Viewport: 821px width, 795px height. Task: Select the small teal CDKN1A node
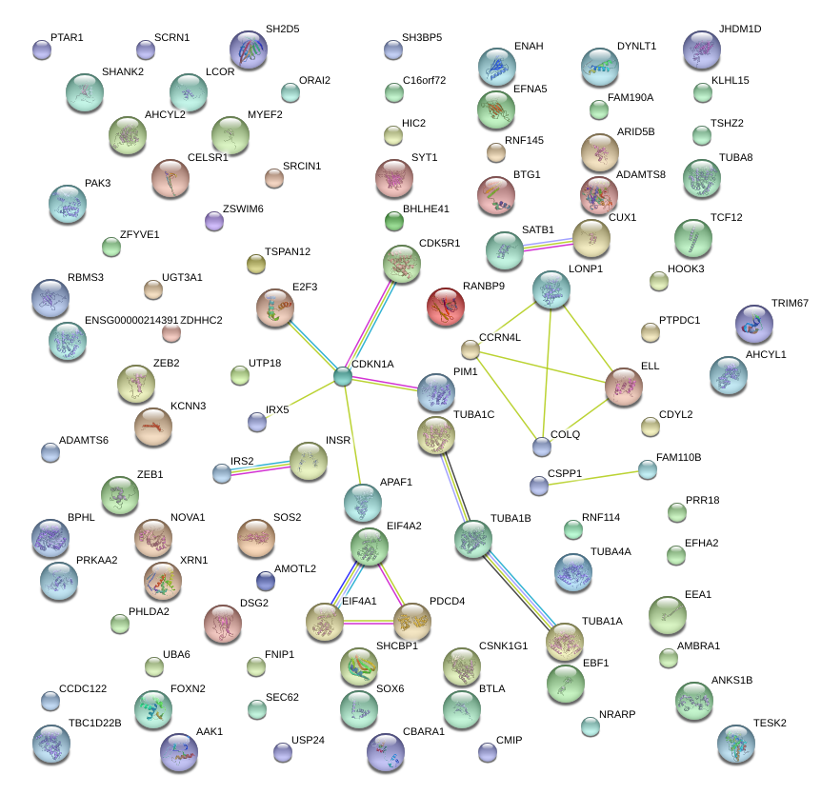click(x=343, y=377)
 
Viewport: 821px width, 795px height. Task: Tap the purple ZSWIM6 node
click(x=214, y=222)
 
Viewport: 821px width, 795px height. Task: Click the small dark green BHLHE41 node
click(x=393, y=222)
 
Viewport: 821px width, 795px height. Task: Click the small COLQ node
click(x=542, y=446)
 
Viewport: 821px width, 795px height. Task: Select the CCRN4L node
click(x=470, y=349)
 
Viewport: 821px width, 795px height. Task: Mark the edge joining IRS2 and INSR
click(x=259, y=467)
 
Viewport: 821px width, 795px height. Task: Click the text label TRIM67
click(x=789, y=303)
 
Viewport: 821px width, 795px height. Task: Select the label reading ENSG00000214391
click(x=131, y=320)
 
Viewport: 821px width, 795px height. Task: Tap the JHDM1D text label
click(x=740, y=30)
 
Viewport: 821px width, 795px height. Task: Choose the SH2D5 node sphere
click(x=250, y=50)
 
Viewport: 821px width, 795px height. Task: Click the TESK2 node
click(x=735, y=744)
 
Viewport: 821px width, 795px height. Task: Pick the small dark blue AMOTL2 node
click(x=266, y=581)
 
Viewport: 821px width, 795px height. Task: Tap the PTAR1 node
click(x=41, y=50)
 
